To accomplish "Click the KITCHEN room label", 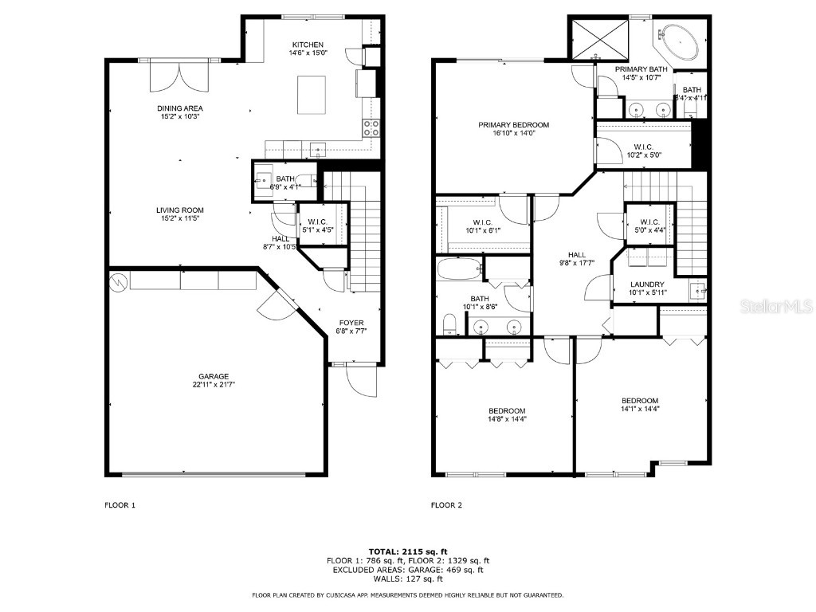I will click(308, 45).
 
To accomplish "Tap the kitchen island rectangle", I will click(311, 95).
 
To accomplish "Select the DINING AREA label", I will click(179, 108).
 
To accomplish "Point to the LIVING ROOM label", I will click(179, 210).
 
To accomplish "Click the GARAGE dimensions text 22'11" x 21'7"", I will click(214, 385).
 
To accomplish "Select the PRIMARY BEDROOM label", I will click(513, 125).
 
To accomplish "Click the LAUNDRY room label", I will click(647, 284).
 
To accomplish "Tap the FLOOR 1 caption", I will click(120, 505).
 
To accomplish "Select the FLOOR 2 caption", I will click(446, 505).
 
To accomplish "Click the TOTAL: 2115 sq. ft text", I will click(408, 551).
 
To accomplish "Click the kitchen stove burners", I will click(371, 128).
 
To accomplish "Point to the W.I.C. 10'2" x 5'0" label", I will click(643, 147).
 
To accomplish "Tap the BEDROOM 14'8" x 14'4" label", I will click(507, 411).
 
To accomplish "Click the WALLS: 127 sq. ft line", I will click(408, 579).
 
